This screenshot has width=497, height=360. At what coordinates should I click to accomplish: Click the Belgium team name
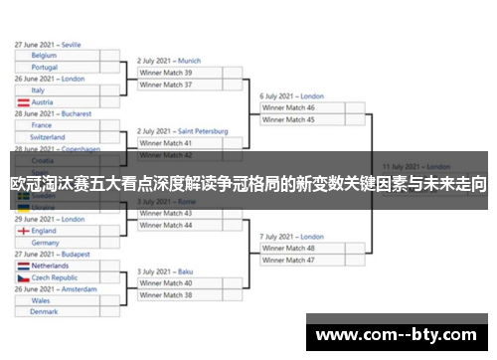pyautogui.click(x=44, y=56)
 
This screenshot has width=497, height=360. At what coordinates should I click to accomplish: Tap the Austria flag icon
pyautogui.click(x=23, y=102)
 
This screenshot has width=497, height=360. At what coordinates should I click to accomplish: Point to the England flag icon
pyautogui.click(x=23, y=231)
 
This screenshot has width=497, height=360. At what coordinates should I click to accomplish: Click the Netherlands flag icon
pyautogui.click(x=23, y=267)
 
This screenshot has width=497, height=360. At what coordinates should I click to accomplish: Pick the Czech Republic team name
pyautogui.click(x=56, y=278)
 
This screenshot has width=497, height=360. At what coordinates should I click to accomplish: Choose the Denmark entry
pyautogui.click(x=45, y=312)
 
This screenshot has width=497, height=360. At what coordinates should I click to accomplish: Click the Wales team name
pyautogui.click(x=41, y=300)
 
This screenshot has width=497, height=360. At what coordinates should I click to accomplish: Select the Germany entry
pyautogui.click(x=46, y=243)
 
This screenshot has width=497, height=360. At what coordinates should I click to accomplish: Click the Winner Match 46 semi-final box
pyautogui.click(x=288, y=107)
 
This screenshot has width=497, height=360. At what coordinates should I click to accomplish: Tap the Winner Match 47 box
pyautogui.click(x=288, y=260)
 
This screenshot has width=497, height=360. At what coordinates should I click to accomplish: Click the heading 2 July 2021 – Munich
pyautogui.click(x=169, y=61)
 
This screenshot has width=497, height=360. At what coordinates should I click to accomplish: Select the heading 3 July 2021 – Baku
pyautogui.click(x=165, y=271)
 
